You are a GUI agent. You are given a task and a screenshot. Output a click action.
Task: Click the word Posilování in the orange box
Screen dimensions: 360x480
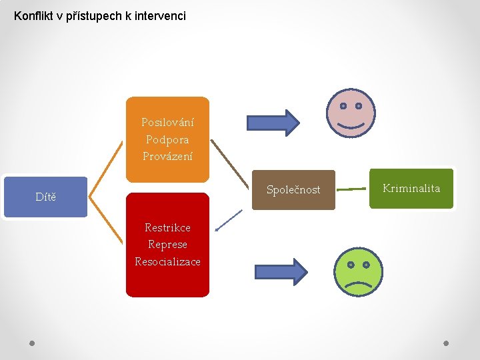167,123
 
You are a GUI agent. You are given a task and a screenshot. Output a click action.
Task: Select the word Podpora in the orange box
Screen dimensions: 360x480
167,140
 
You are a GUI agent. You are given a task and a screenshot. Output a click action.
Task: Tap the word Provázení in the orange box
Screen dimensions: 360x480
167,157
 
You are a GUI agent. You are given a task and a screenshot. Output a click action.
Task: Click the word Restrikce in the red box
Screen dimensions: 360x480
167,228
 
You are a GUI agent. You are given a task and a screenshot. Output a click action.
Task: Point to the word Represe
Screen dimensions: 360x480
167,245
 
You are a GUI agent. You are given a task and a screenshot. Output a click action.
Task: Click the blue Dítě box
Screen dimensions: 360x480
45,197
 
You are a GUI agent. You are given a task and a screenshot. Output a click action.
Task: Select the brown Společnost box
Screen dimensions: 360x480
293,190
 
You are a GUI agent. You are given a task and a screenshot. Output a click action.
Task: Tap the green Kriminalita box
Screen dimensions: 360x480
411,189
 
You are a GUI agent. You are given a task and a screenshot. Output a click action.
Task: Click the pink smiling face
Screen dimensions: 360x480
351,113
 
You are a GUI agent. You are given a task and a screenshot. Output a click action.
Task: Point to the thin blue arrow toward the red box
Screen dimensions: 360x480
229,220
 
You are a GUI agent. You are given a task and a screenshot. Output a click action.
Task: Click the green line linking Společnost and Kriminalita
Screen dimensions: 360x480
352,189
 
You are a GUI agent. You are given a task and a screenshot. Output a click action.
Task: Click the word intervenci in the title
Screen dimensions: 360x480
162,15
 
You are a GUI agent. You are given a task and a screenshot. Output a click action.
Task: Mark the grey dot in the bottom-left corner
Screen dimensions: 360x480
32,343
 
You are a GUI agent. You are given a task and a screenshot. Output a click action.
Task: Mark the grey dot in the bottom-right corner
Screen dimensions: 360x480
447,343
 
